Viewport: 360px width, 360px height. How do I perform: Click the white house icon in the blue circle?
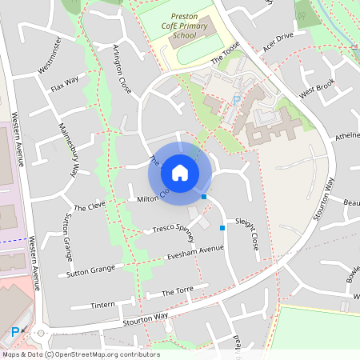click(180, 172)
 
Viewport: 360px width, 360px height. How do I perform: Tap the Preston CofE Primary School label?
click(190, 26)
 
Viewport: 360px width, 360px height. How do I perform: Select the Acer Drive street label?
click(279, 44)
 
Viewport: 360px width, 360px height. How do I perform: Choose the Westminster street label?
click(55, 64)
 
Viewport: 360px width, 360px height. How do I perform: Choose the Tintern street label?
click(103, 304)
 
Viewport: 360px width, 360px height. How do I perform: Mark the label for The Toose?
click(226, 57)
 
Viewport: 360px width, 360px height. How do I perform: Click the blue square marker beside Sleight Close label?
click(222, 228)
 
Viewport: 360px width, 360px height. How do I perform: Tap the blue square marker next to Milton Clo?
click(205, 196)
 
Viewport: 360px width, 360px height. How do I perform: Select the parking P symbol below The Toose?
click(236, 100)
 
